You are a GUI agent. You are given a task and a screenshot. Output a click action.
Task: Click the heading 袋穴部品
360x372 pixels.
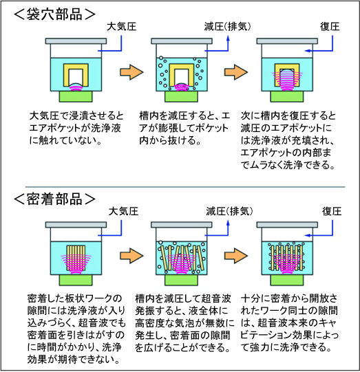[x=55, y=14]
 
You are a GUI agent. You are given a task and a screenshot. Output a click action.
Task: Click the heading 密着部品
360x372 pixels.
[x=55, y=199]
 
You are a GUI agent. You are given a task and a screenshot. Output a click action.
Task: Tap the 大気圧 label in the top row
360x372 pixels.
[x=121, y=26]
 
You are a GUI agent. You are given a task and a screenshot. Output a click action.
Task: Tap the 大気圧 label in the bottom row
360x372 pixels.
[x=123, y=211]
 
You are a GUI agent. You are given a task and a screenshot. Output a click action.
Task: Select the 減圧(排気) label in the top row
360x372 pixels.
[x=227, y=27]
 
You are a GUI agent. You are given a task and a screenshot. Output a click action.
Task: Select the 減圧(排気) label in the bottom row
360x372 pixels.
[x=229, y=211]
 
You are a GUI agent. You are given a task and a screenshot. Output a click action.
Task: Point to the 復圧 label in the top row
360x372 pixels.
[x=330, y=26]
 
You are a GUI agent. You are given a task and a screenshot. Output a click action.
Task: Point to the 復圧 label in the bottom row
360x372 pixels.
[x=332, y=211]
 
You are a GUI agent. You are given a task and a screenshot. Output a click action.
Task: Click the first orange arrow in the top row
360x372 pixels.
[x=131, y=72]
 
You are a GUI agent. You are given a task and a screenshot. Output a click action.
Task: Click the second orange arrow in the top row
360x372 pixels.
[x=236, y=72]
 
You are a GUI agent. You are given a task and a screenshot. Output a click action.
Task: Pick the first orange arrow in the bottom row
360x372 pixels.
[x=131, y=256]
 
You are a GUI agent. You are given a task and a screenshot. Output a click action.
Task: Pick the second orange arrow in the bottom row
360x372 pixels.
[x=236, y=256]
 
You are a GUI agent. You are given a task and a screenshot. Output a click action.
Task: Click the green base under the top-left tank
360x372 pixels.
[x=76, y=96]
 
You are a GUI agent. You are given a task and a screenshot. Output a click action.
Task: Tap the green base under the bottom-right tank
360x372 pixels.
[x=287, y=280]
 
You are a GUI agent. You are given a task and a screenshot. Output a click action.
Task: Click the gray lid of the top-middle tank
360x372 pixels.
[x=182, y=41]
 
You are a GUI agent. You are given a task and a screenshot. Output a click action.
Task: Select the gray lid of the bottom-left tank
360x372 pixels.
[x=76, y=225]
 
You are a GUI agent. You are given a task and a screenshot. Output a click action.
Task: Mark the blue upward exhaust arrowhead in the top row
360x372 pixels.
[x=228, y=39]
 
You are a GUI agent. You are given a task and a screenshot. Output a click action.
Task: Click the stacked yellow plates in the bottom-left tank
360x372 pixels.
[x=76, y=258]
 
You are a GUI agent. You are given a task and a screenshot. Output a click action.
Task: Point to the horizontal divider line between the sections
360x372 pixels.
[x=185, y=187]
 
